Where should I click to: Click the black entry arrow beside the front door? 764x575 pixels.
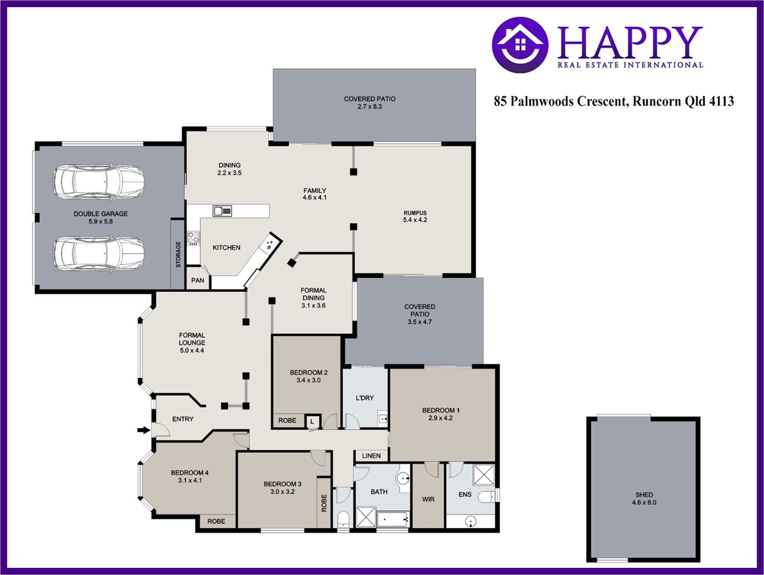coord(144,430)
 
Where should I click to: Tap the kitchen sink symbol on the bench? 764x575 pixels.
coord(223,211)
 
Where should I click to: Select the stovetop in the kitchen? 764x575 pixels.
coord(193,238)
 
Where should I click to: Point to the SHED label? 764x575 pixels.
coord(644,495)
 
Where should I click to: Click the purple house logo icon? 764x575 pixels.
coord(520,45)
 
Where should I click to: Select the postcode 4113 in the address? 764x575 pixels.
coord(721,101)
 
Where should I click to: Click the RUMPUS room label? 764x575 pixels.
coord(415,213)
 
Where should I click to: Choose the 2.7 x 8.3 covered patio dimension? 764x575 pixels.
coord(370,107)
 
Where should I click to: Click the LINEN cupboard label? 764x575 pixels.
coord(371,456)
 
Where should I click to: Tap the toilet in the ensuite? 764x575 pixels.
coord(487,496)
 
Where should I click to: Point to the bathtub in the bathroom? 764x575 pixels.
coord(393,519)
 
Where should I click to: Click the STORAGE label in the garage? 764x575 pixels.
coord(178,254)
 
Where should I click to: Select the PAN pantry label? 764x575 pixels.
coord(198,280)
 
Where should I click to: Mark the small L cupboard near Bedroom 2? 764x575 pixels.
coord(312,421)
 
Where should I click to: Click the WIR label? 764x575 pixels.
coord(428,500)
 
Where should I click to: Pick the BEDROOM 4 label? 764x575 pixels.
coord(190,473)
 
